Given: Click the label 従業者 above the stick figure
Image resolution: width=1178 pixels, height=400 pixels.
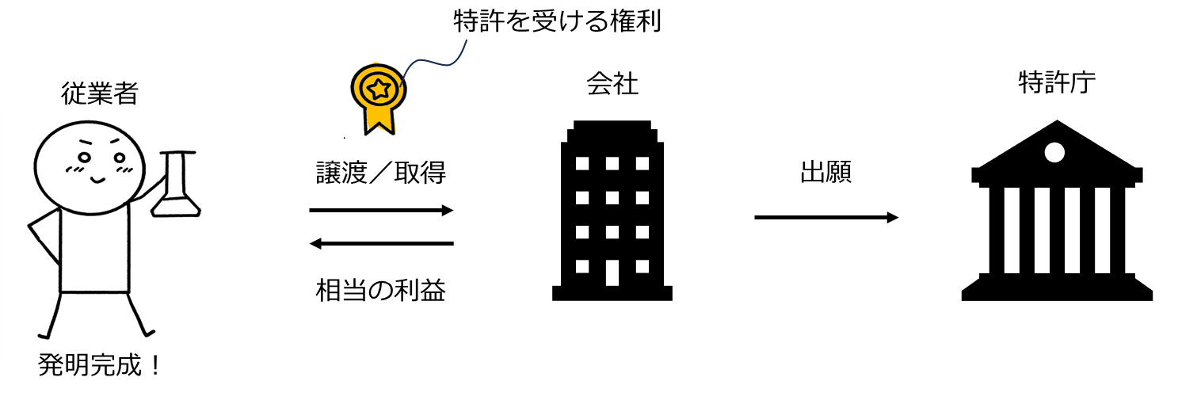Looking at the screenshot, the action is click(99, 93).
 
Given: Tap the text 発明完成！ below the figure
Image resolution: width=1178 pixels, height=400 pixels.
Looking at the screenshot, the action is click(100, 365).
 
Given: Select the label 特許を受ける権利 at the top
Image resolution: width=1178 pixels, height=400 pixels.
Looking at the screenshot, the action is click(557, 21).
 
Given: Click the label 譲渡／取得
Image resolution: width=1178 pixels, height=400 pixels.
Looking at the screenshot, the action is click(381, 173).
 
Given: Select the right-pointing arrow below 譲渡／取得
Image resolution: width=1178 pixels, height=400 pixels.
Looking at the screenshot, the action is click(381, 210).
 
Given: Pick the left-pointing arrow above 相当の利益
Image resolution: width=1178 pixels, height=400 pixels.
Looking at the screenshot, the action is click(381, 243).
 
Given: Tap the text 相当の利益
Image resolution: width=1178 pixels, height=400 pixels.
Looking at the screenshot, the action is click(381, 290).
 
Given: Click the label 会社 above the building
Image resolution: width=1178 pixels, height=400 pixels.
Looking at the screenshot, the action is click(612, 84).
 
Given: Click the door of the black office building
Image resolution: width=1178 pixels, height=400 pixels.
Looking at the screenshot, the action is click(612, 272).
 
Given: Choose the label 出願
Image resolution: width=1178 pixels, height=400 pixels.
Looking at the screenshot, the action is click(825, 172).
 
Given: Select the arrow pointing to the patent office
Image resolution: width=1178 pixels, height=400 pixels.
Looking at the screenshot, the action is click(826, 217).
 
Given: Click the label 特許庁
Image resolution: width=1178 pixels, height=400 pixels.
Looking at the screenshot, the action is click(1057, 82).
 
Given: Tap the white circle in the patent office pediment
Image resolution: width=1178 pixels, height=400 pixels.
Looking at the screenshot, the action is click(1054, 152).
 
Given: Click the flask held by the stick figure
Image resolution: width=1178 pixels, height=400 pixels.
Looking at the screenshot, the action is click(176, 184).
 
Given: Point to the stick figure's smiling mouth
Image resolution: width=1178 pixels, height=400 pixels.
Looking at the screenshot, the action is click(97, 181).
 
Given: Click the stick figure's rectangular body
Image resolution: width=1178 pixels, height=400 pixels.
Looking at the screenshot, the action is click(94, 250).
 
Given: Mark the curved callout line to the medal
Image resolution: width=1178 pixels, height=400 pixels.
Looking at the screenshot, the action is click(433, 62).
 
